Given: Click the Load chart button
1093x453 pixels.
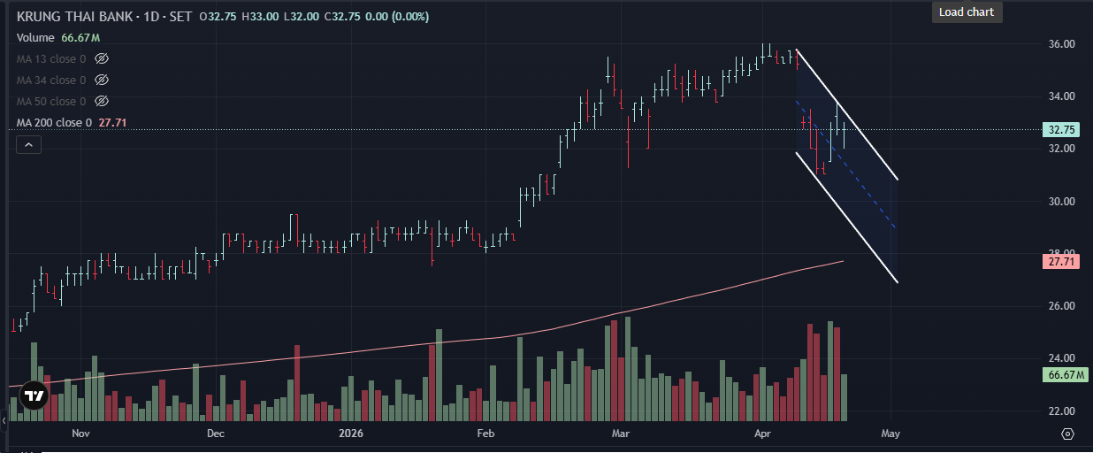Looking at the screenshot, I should coord(967,12).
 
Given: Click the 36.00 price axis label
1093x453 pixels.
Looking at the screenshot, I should coord(1061,44).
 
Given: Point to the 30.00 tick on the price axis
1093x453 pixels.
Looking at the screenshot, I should coord(1061,202).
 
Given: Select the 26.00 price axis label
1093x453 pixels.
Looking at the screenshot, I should coord(1061,306).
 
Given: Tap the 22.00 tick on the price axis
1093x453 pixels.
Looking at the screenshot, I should coord(1061,411).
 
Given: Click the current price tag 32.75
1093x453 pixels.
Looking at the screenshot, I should coord(1061,130).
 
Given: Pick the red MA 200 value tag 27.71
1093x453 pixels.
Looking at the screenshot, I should coord(1061,262).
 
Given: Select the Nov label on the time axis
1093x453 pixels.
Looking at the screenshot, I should coord(80,434).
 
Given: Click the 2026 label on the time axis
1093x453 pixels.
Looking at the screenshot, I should coord(351,434).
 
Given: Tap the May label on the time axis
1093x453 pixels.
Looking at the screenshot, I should coord(890,434).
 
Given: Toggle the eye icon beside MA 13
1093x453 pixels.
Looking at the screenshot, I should coord(102,59).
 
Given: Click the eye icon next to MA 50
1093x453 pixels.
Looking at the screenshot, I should coord(102,102).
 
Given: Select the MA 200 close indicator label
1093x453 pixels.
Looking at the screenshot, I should coord(54,123).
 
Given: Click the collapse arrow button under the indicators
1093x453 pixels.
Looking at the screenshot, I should coord(29,144).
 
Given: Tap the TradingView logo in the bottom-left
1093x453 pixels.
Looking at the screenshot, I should coord(34,397).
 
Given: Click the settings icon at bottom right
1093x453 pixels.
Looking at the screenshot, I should coord(1068,434).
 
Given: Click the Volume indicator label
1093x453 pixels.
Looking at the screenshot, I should coord(35,38).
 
